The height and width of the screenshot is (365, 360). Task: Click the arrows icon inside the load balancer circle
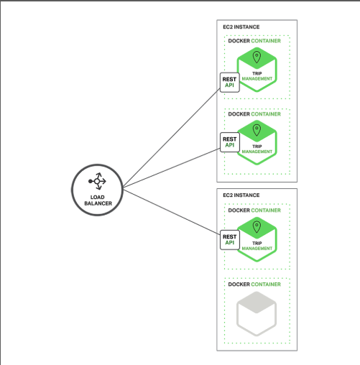pyautogui.click(x=97, y=181)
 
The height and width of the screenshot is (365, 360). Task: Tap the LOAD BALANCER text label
pyautogui.click(x=98, y=200)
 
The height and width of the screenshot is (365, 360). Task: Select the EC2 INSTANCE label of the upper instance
pyautogui.click(x=241, y=27)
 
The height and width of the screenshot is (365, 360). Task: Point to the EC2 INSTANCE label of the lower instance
pyautogui.click(x=241, y=195)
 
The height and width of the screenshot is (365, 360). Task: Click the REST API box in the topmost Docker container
pyautogui.click(x=229, y=83)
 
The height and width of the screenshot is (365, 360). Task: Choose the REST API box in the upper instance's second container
pyautogui.click(x=230, y=142)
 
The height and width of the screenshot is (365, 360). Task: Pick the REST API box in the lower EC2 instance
pyautogui.click(x=230, y=240)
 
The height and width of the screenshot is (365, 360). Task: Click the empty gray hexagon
pyautogui.click(x=257, y=314)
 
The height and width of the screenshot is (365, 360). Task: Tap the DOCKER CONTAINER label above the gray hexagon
pyautogui.click(x=254, y=285)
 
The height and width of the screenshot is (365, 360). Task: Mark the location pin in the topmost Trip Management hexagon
pyautogui.click(x=257, y=57)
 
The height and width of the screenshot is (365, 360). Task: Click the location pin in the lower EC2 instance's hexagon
pyautogui.click(x=257, y=227)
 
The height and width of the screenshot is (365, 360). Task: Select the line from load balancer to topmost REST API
pyautogui.click(x=172, y=137)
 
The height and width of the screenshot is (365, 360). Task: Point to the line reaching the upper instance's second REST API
pyautogui.click(x=172, y=167)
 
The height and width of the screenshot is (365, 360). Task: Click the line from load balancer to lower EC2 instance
pyautogui.click(x=172, y=212)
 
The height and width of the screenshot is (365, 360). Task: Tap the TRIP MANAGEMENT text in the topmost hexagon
pyautogui.click(x=257, y=76)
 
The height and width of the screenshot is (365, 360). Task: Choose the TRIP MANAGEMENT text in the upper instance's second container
pyautogui.click(x=257, y=149)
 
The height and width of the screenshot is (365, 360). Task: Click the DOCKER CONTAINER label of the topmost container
pyautogui.click(x=254, y=41)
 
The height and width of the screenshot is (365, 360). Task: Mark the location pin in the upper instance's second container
pyautogui.click(x=257, y=130)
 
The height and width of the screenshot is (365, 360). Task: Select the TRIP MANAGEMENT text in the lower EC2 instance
pyautogui.click(x=257, y=246)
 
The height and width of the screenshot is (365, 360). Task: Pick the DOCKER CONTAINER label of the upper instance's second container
pyautogui.click(x=254, y=114)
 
